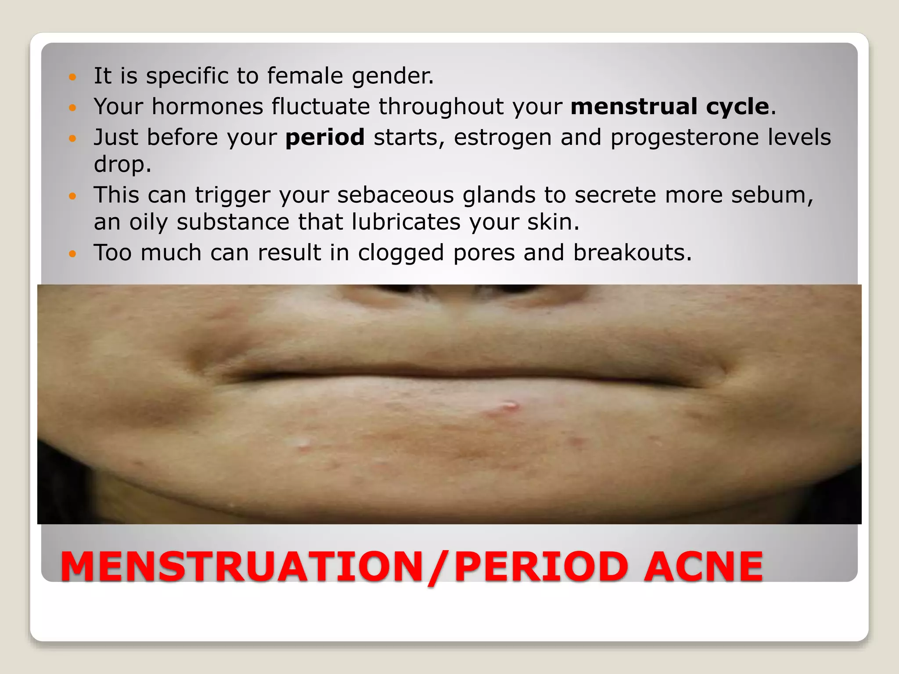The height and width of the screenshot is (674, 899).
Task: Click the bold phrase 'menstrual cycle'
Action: [x=670, y=107]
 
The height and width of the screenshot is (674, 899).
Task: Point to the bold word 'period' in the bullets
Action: [x=325, y=137]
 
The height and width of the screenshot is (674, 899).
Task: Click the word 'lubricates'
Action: [x=406, y=222]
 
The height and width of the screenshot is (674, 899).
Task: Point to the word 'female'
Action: [x=305, y=75]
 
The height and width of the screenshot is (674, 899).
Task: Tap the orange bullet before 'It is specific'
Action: [x=73, y=77]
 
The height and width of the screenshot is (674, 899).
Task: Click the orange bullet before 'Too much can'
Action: [x=73, y=254]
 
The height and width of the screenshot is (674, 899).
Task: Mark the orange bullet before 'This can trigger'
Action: [x=73, y=196]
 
